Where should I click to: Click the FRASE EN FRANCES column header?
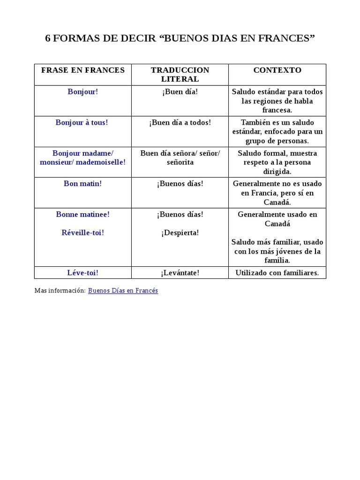(x=83, y=70)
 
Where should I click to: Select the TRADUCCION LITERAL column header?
(x=180, y=75)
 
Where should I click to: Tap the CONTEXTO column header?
(x=277, y=70)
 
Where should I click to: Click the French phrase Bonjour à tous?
(x=82, y=122)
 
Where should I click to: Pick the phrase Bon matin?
(x=82, y=184)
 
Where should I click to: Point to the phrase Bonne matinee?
(x=82, y=214)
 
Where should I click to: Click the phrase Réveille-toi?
(x=82, y=232)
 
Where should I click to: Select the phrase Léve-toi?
(x=82, y=273)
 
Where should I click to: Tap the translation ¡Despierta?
(x=180, y=232)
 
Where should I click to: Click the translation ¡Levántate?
(x=180, y=273)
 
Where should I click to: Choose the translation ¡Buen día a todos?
(x=180, y=122)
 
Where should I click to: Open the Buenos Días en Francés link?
(x=123, y=291)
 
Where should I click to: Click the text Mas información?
(x=60, y=291)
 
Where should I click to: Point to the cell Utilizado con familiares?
(x=277, y=273)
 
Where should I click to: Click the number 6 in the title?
(x=48, y=39)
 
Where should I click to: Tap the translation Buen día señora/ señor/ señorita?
(x=180, y=157)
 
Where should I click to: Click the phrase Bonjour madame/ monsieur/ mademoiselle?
(x=82, y=157)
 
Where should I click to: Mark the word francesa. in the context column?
(x=277, y=110)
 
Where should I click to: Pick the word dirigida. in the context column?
(x=277, y=172)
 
